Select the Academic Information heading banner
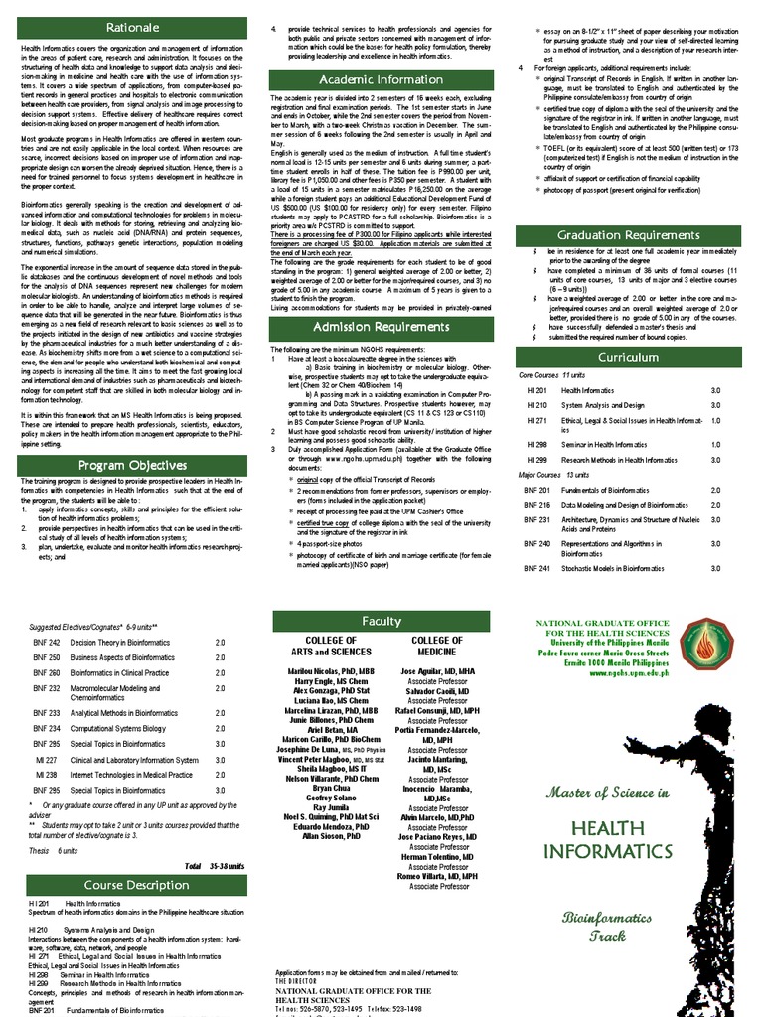click(x=381, y=79)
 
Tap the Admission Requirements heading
click(x=381, y=327)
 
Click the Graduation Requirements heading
click(x=629, y=235)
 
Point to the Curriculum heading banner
click(x=629, y=356)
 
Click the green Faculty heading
click(x=381, y=621)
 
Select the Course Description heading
click(x=135, y=885)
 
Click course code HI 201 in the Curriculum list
click(x=536, y=391)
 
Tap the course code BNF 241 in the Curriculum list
click(x=536, y=568)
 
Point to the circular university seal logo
click(x=703, y=643)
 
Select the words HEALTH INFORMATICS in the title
click(x=607, y=840)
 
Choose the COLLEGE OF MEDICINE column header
click(x=437, y=647)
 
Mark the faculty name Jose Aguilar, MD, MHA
click(x=437, y=672)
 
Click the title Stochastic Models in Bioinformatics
click(x=612, y=568)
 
